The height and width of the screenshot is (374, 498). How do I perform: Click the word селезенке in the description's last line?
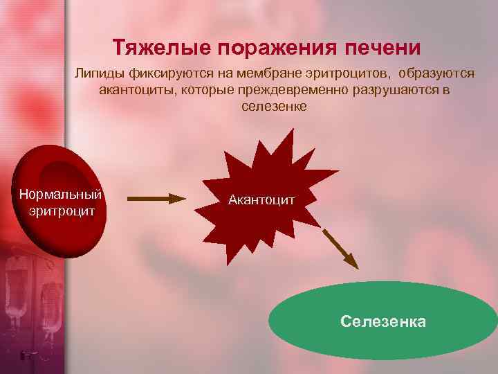click(274, 107)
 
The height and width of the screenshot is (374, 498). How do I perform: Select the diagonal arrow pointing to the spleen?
click(342, 248)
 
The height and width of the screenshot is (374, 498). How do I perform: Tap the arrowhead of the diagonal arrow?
click(354, 263)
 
